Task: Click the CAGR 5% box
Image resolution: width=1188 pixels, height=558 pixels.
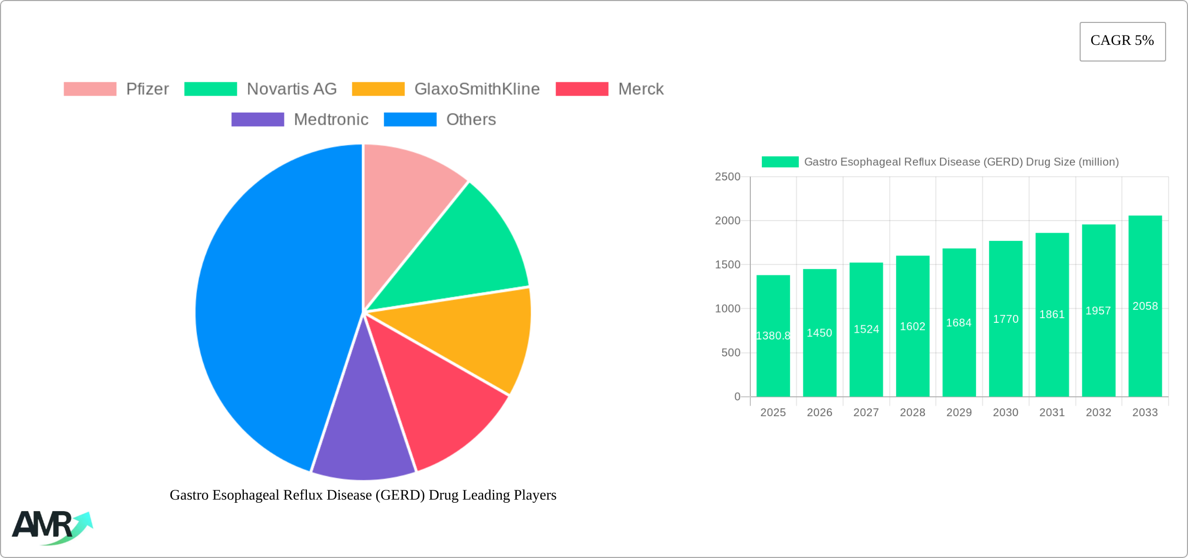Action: [x=1122, y=41]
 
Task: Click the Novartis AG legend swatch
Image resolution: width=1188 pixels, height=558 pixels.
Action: [x=211, y=89]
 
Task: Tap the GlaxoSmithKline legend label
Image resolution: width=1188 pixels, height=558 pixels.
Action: [x=477, y=89]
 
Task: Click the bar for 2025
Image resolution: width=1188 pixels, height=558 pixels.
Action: [x=773, y=336]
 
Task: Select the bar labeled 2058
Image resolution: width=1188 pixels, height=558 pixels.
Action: [x=1145, y=306]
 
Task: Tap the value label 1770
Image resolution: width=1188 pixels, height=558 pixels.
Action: [x=1005, y=319]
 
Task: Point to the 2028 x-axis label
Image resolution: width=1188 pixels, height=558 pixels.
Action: [x=912, y=413]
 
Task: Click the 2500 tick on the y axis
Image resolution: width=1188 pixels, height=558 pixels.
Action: [x=727, y=177]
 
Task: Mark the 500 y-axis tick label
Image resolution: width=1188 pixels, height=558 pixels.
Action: [x=731, y=353]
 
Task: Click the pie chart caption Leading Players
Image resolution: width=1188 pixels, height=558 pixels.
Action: [x=363, y=495]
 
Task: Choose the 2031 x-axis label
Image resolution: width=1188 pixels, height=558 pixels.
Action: [x=1051, y=413]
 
